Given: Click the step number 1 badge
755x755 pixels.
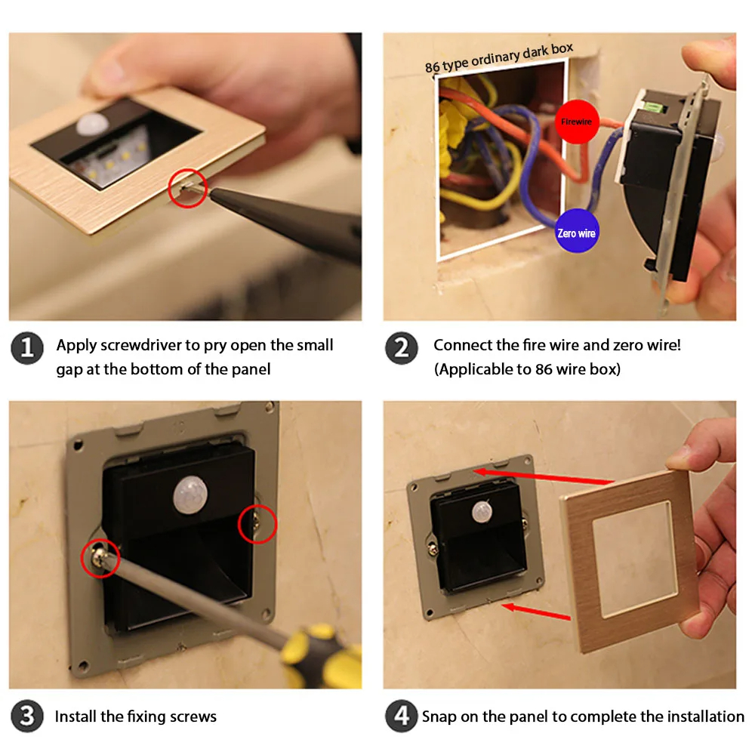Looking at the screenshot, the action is [27, 347].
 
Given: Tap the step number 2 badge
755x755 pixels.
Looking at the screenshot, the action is [401, 347].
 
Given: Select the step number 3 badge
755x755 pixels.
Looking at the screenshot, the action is [27, 716].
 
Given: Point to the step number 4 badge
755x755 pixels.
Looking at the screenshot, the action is [401, 716].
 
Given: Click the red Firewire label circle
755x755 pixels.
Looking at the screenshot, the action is [576, 122].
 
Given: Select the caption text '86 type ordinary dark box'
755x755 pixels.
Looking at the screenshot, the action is [499, 57].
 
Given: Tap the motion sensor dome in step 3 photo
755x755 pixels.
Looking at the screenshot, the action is [190, 495].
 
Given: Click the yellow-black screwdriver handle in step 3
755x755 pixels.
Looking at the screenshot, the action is [321, 655].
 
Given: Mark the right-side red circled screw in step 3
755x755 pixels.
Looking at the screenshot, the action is [257, 524].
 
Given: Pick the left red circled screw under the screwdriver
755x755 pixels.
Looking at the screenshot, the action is [100, 559].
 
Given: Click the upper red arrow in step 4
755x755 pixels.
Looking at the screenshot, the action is [544, 476].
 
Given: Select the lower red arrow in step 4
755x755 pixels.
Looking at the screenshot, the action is [536, 611].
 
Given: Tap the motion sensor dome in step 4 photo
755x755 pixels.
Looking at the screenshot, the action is [482, 512].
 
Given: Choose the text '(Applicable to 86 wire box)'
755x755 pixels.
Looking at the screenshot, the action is [527, 369].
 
